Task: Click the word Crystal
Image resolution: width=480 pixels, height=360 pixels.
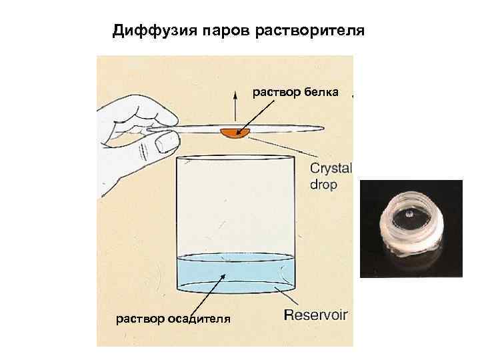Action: point(331,168)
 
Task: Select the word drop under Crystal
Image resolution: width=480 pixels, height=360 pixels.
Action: point(324,184)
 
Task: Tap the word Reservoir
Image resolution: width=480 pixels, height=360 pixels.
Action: point(316,315)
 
